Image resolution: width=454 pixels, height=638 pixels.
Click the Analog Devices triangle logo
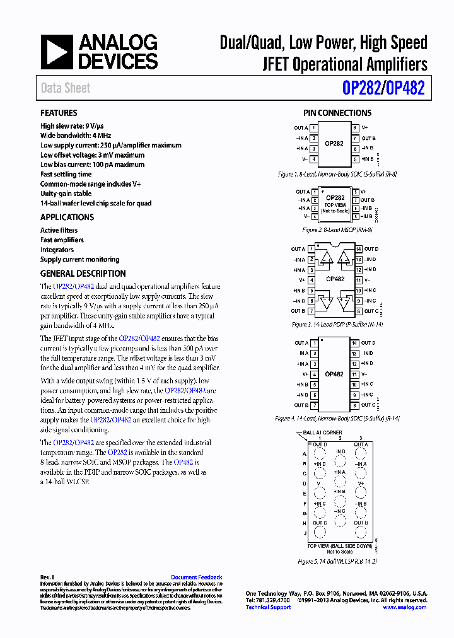pos(57,52)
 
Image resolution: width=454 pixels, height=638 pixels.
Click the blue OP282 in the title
pos(361,88)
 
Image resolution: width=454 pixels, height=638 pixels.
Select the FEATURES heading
pos(59,113)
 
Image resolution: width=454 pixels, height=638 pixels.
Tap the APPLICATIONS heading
pos(67,217)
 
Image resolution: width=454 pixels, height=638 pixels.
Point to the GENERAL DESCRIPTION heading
pos(83,274)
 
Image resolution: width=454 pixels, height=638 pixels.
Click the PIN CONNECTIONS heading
pos(337,113)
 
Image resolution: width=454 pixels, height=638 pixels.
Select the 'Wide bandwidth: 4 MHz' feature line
pos(76,136)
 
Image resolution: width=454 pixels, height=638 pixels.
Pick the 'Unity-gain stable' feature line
pos(66,194)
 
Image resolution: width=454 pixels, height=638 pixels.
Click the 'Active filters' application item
pos(59,230)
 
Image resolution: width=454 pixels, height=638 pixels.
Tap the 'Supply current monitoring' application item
pos(79,259)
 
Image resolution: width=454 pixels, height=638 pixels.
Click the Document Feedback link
pos(196,577)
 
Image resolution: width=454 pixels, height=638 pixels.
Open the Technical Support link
pos(268,607)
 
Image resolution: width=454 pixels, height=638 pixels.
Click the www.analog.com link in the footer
pos(404,607)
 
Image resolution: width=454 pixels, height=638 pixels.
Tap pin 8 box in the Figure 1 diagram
pos(355,128)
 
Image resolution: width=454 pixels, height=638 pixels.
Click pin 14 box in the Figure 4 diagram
pos(355,344)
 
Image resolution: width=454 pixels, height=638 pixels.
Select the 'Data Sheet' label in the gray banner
pos(66,88)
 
